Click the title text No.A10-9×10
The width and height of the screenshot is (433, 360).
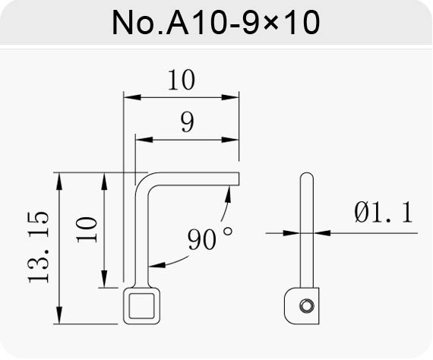[216, 22]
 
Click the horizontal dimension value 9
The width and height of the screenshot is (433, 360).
[187, 122]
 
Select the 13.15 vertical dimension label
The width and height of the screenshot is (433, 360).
[39, 248]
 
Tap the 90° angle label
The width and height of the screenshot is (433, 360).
[210, 238]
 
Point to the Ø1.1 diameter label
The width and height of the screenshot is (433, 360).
[384, 212]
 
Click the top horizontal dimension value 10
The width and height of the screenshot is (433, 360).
[182, 80]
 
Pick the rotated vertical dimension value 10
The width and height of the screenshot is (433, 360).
[87, 230]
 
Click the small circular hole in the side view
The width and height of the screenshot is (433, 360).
[306, 306]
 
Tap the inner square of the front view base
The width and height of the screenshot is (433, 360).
[141, 306]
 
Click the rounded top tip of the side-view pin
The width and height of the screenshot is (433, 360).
[307, 174]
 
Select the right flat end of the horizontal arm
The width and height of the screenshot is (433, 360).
[239, 179]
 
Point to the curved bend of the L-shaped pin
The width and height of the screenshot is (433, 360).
[142, 180]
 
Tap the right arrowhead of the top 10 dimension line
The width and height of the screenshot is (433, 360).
[230, 97]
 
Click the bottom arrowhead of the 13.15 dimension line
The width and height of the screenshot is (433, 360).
[58, 315]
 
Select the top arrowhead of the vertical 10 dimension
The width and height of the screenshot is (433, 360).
[104, 181]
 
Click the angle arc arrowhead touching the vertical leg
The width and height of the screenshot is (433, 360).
[156, 265]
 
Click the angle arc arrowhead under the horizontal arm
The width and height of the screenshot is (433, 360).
[228, 194]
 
